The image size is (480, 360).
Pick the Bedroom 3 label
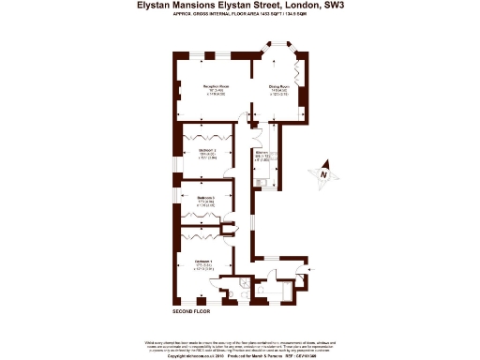pos(206,198)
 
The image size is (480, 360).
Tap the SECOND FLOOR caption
pos(191,310)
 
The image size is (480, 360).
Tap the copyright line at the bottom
pos(239,355)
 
